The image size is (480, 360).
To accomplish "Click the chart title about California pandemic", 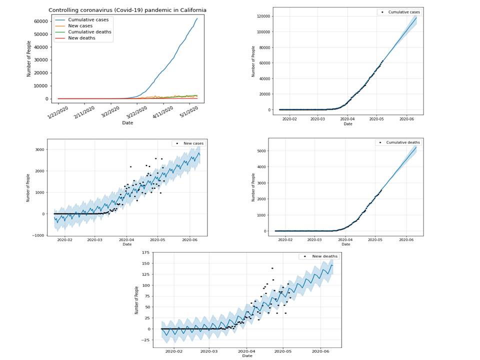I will pos(127,10).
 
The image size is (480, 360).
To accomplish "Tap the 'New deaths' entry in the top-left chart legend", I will pos(82,38).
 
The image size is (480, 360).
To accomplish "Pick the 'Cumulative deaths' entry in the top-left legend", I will pos(89,32).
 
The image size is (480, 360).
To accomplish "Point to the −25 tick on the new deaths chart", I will pos(146,340).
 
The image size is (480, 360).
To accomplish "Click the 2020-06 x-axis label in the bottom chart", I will pos(320,351).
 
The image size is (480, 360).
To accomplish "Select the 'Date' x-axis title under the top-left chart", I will pos(127,122).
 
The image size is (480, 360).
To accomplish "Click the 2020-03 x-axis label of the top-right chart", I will pos(317,119).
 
